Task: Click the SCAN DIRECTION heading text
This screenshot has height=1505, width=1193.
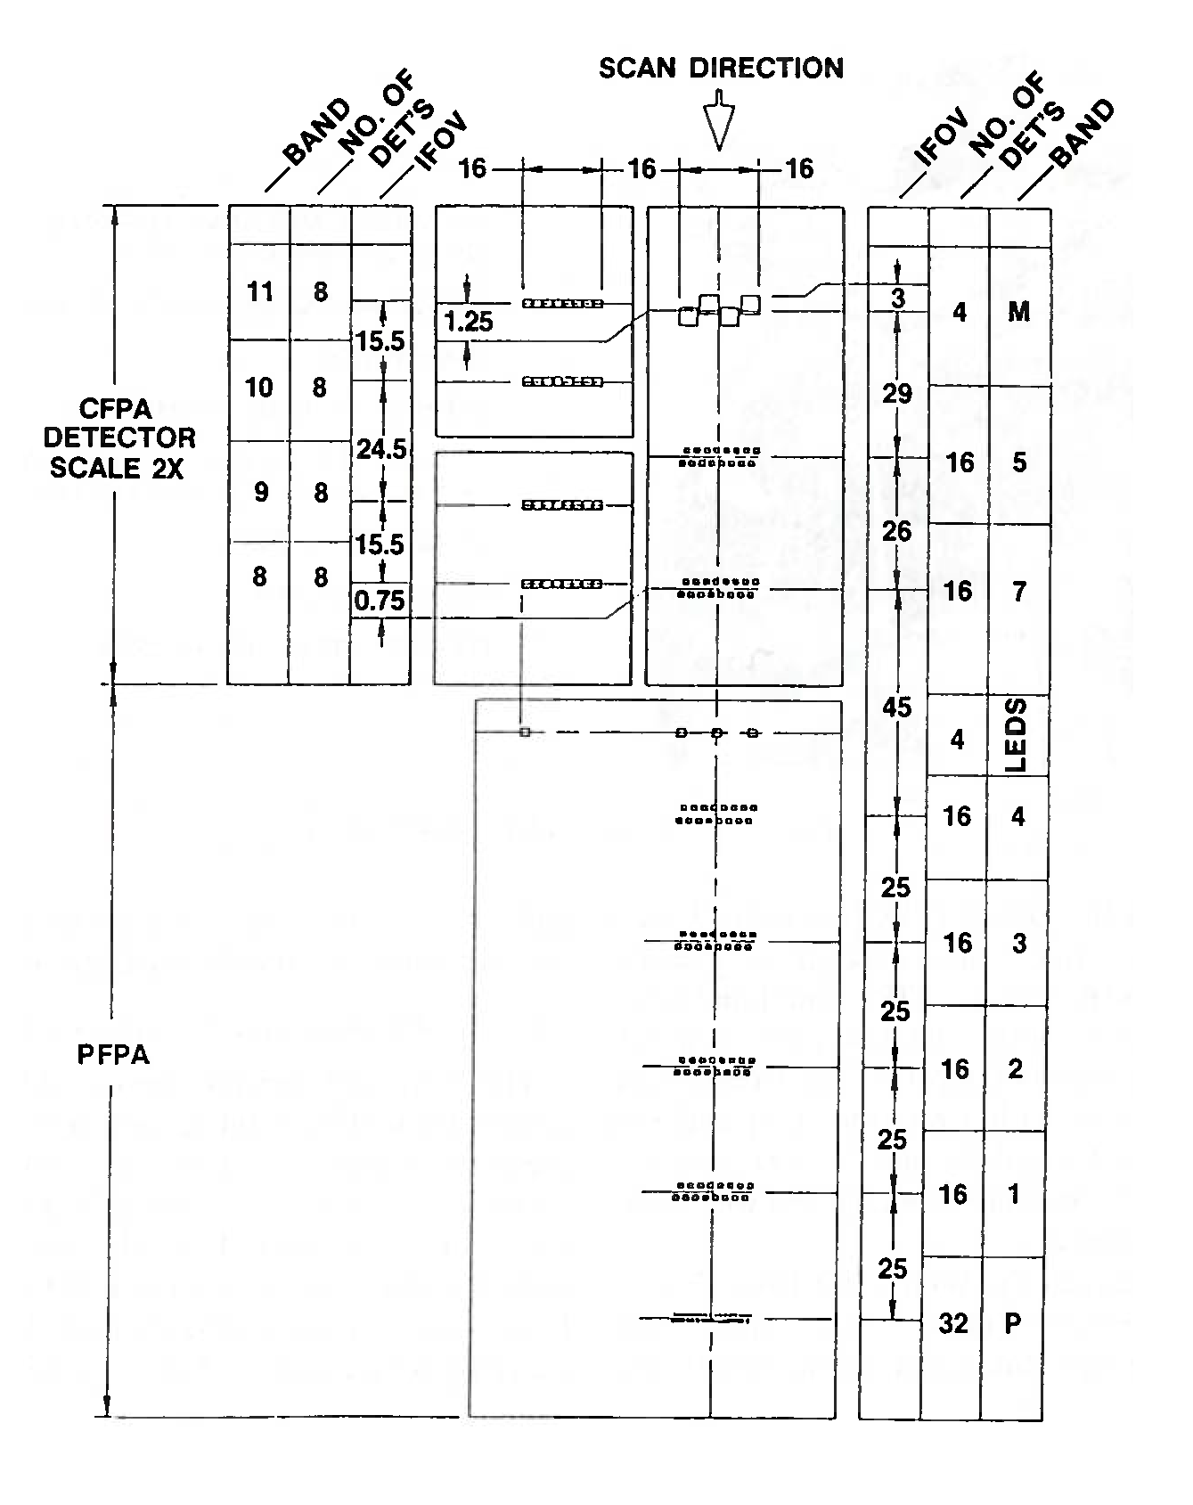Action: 720,69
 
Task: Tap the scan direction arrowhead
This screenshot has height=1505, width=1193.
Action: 719,126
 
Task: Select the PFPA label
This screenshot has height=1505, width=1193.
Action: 113,1055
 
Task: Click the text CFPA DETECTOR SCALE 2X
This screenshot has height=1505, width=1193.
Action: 119,438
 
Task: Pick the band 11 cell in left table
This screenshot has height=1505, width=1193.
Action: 259,291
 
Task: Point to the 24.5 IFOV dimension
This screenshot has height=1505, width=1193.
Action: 381,449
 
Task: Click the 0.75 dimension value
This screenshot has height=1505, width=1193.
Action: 380,601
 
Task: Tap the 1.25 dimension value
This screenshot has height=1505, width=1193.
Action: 469,322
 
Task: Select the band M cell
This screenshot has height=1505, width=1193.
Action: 1018,311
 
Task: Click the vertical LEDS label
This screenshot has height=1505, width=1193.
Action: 1017,735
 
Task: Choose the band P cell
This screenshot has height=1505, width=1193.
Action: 1013,1323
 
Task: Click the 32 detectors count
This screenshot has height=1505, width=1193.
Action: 952,1323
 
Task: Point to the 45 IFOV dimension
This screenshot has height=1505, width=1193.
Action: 897,707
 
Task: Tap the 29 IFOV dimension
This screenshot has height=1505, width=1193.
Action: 897,393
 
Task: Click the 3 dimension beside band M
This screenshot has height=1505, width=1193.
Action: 898,299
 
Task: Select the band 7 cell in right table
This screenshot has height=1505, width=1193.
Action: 1018,591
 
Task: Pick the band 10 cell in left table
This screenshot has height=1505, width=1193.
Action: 259,388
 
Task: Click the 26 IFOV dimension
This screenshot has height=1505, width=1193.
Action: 897,531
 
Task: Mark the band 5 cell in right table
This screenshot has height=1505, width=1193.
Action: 1019,462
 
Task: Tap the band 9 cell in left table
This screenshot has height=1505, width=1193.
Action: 260,493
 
